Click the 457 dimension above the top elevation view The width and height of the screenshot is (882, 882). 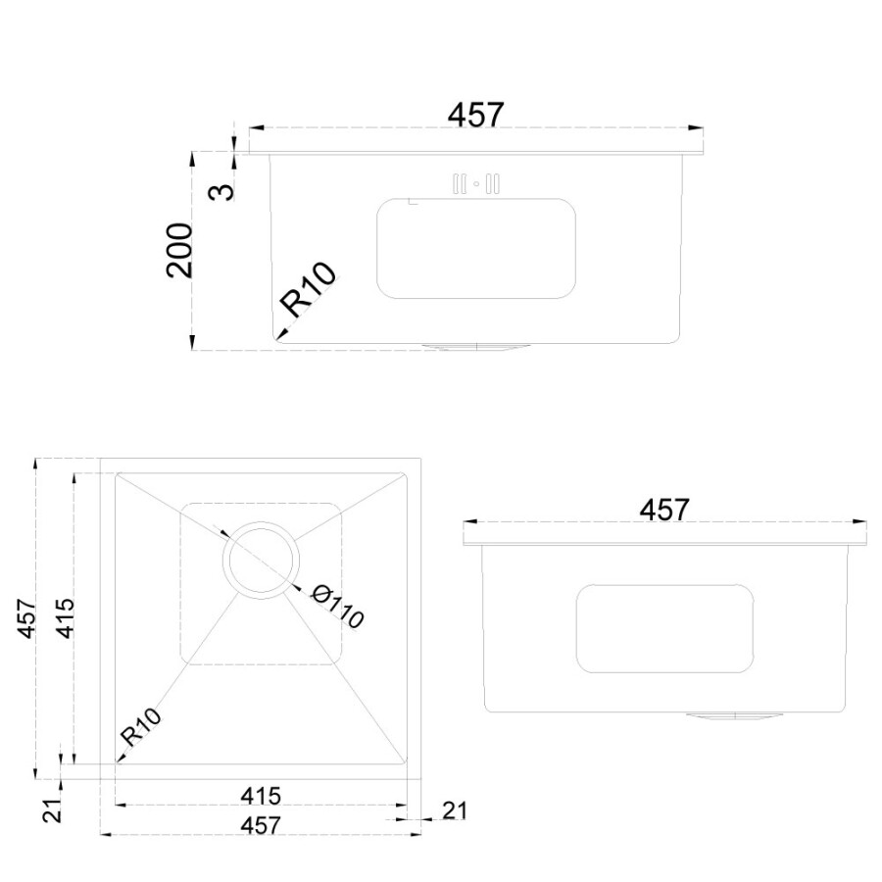(x=475, y=115)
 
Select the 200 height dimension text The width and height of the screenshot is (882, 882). (x=180, y=250)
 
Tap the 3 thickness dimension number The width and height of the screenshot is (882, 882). (x=223, y=191)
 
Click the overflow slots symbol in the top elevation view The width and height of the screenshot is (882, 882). (x=476, y=183)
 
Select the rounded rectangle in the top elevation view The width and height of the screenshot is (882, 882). (x=475, y=248)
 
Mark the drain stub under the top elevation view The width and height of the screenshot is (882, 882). (x=476, y=345)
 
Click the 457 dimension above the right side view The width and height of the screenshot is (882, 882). (x=664, y=510)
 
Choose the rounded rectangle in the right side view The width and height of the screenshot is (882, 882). (x=664, y=628)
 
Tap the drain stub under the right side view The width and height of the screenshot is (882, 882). (x=734, y=715)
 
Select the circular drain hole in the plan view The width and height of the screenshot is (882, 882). (x=261, y=556)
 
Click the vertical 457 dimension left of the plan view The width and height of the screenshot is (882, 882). (x=26, y=618)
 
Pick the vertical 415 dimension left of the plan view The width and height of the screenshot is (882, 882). (x=64, y=618)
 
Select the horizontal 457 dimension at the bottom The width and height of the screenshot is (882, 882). (x=260, y=825)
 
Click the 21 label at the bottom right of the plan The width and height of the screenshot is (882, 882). (x=454, y=810)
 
